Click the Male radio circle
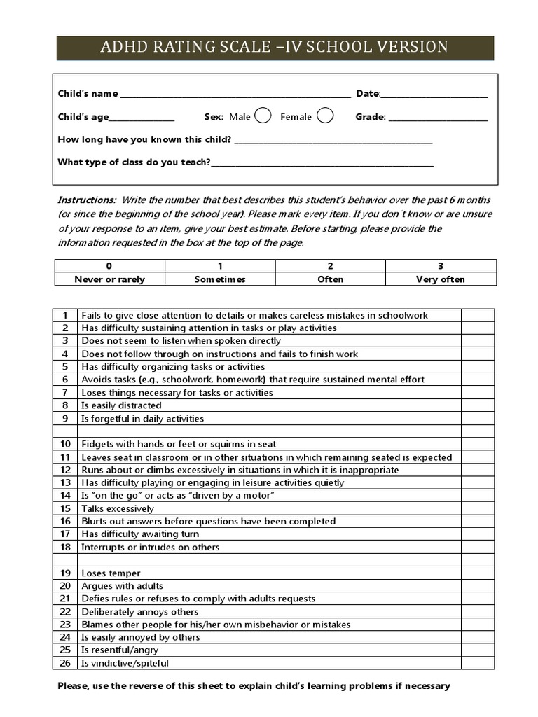click(263, 116)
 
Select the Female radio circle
click(324, 116)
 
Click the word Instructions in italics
click(86, 200)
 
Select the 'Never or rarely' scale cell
click(110, 279)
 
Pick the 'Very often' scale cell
click(441, 279)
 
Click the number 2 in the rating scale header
click(331, 266)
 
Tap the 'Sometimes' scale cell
click(220, 279)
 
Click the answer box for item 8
click(478, 405)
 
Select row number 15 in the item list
click(65, 508)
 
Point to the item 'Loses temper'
click(111, 573)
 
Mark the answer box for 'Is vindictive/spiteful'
click(478, 663)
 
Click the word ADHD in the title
click(126, 47)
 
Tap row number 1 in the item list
click(65, 315)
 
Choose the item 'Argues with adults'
click(122, 586)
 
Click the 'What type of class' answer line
click(322, 164)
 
